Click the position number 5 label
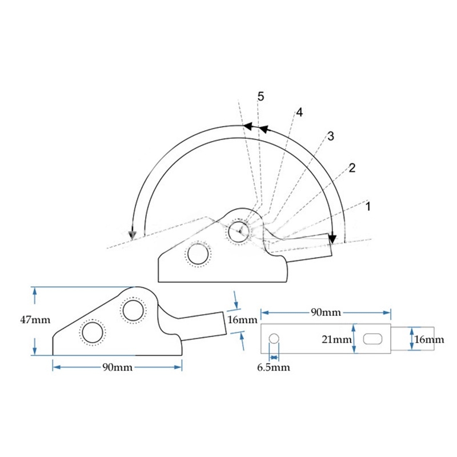261,97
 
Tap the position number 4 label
299,113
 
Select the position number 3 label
330,136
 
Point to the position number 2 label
352,168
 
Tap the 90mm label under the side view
118,367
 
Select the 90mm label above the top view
326,312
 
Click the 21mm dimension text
336,339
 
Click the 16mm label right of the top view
429,339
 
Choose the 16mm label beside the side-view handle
242,320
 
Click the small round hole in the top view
274,338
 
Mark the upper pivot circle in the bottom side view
133,310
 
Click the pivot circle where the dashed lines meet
239,231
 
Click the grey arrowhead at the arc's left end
133,234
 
